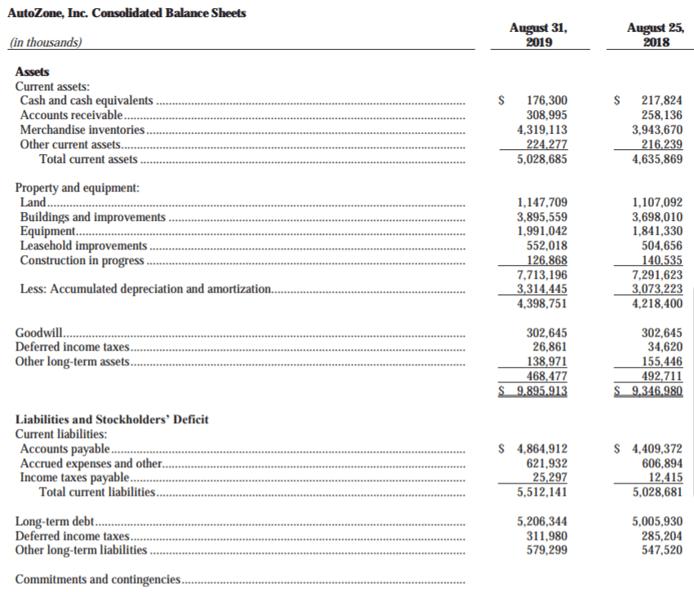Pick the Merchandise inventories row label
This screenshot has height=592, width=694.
pos(82,130)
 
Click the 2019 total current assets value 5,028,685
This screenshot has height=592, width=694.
pos(542,159)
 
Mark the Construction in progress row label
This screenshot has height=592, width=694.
pos(82,261)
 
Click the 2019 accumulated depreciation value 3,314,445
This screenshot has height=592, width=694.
pos(542,289)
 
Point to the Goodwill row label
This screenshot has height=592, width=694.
pos(39,333)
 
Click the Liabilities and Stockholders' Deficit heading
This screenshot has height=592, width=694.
pos(113,419)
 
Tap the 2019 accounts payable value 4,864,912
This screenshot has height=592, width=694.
pos(542,448)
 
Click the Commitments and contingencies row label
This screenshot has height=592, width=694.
pos(98,580)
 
